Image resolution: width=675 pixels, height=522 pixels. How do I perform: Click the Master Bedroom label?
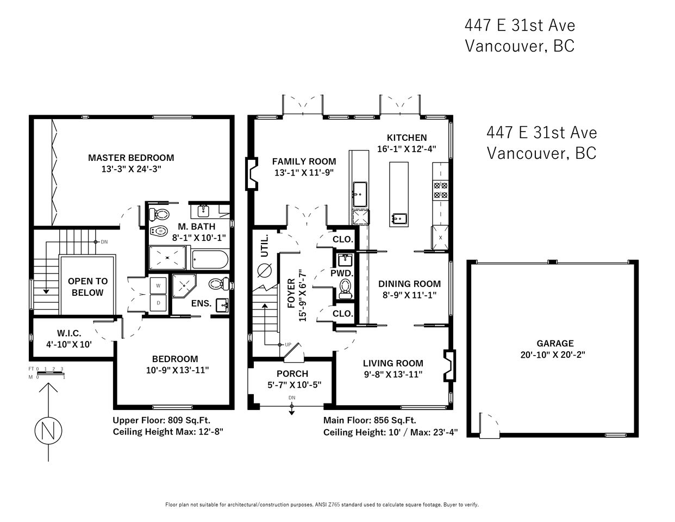[x=131, y=158]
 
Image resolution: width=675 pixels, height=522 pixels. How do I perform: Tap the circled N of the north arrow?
[x=48, y=431]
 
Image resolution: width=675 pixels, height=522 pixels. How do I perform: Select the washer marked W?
[x=158, y=285]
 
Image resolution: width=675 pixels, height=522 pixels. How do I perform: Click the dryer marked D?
[x=158, y=303]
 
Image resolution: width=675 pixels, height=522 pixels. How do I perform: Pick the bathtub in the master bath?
[x=210, y=259]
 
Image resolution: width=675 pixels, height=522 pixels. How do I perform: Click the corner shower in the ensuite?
[x=184, y=285]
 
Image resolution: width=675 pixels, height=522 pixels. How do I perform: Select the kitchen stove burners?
[x=440, y=190]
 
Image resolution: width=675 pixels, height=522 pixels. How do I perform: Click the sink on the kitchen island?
[x=399, y=218]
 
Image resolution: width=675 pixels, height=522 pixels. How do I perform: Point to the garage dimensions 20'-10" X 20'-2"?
[x=553, y=355]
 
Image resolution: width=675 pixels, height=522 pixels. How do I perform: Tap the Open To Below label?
[x=87, y=287]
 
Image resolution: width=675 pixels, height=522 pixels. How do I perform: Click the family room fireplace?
[x=252, y=173]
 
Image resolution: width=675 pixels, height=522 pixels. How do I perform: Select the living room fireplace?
[x=449, y=366]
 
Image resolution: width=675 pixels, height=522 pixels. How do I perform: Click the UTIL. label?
[x=264, y=246]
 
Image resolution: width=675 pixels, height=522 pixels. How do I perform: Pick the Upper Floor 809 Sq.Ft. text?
[x=161, y=420]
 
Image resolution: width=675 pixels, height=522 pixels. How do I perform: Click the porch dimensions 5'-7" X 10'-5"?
[x=294, y=385]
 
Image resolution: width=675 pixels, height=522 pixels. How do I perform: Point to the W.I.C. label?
[x=69, y=333]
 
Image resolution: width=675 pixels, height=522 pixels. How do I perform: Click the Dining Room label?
[x=409, y=284]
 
